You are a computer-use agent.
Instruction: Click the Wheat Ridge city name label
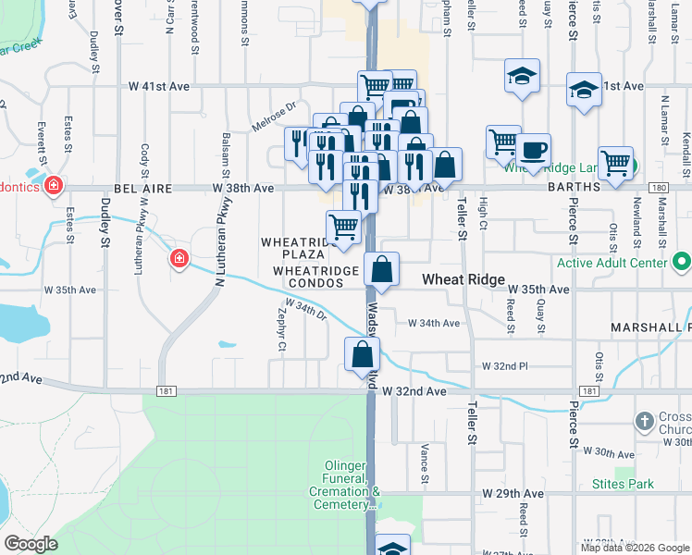tap(463, 279)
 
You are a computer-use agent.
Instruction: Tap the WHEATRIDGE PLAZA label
tap(293, 248)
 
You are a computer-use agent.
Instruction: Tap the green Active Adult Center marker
tap(682, 263)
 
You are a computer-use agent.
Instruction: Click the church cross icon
tap(646, 423)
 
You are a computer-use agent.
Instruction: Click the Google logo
tap(31, 544)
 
